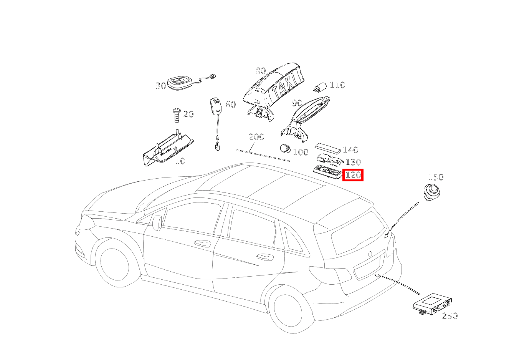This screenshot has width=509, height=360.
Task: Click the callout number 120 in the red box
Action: tap(353, 175)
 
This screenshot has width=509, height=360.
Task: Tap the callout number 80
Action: tap(261, 71)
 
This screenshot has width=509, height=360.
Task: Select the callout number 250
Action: tap(450, 316)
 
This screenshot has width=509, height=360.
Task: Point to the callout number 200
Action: tap(256, 137)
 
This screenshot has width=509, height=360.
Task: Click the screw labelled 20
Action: tap(177, 115)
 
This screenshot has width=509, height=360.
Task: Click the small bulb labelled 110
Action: tap(320, 87)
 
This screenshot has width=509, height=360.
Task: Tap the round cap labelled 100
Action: tap(285, 149)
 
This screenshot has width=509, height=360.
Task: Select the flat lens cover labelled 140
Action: tap(328, 149)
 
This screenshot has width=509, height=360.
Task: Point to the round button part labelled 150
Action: tap(431, 192)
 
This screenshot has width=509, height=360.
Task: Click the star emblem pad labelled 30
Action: tap(180, 83)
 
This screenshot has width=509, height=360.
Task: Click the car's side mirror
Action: tap(157, 223)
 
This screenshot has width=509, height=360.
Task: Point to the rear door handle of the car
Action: tap(265, 257)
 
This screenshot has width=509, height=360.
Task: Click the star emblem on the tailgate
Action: tap(370, 254)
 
